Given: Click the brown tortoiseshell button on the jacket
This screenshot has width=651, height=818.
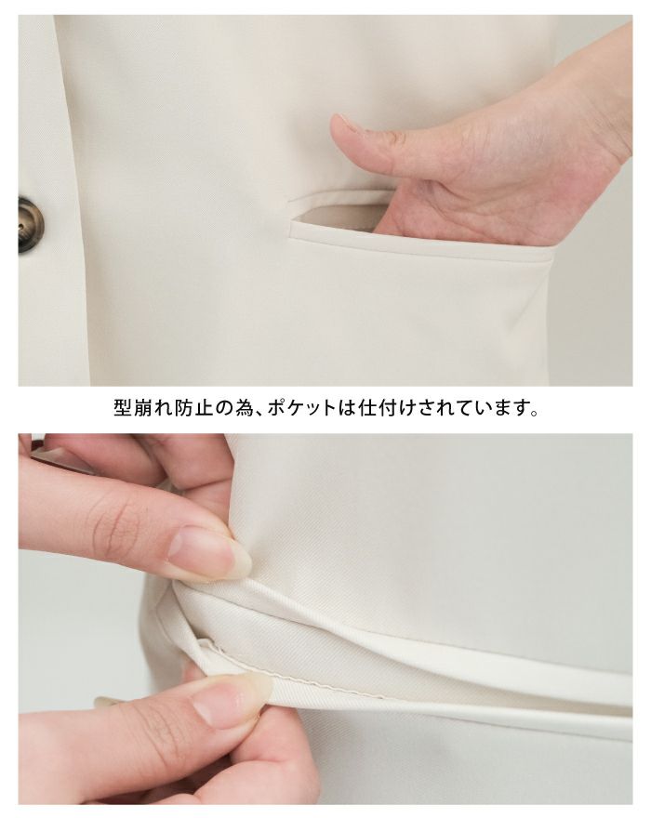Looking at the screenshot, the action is [x=31, y=225].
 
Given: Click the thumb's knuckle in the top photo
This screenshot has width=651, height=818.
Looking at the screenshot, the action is [x=396, y=139].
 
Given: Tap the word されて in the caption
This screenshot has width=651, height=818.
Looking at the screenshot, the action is [x=436, y=408].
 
